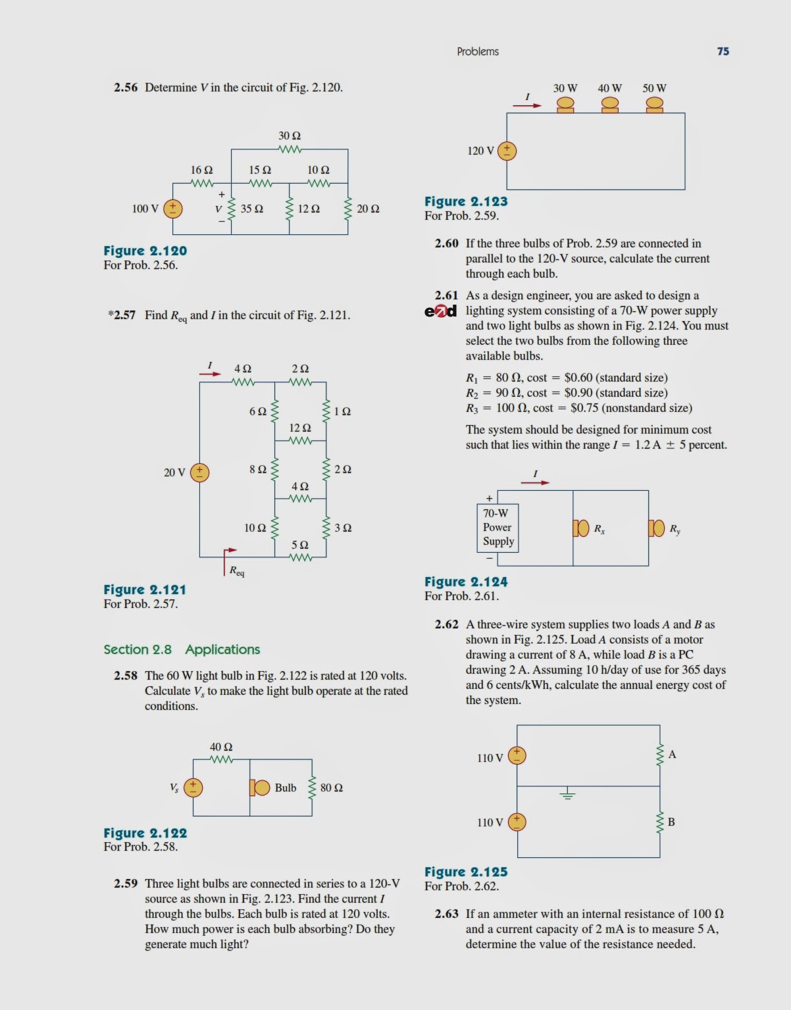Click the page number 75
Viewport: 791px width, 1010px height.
coord(723,51)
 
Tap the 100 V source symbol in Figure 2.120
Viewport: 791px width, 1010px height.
coord(173,209)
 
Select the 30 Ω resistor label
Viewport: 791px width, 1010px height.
coord(290,136)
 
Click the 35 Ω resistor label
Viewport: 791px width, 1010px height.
coord(251,209)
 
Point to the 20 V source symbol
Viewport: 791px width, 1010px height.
coord(199,472)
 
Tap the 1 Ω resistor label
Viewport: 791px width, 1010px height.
coord(342,411)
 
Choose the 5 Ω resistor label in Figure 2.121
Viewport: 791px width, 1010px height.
coord(299,545)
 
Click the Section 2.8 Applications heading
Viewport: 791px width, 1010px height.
coord(182,649)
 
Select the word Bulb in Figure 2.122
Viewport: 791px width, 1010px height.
coord(285,788)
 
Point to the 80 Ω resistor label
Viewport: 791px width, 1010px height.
coord(331,788)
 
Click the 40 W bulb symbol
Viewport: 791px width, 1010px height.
coord(610,105)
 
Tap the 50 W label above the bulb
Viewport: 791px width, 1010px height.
coord(654,88)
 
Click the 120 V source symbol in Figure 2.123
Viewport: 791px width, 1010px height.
coord(507,151)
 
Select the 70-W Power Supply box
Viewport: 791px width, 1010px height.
coord(498,527)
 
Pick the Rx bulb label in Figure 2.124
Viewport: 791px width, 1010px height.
coord(600,528)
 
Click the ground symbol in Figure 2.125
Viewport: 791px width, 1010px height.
coord(567,794)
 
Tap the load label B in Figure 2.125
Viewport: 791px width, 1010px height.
coord(671,822)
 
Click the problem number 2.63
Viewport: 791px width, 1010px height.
coord(446,914)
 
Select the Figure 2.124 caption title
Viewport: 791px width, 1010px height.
coord(466,582)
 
